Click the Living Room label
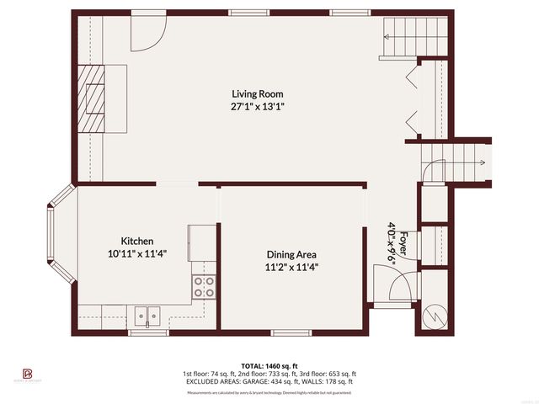(258, 94)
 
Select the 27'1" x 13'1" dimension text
(258, 107)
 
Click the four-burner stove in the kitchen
(204, 287)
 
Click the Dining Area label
(291, 254)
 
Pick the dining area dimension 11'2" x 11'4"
(291, 267)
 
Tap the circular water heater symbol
(437, 316)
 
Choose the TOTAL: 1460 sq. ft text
(269, 366)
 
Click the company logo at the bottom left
(27, 372)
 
